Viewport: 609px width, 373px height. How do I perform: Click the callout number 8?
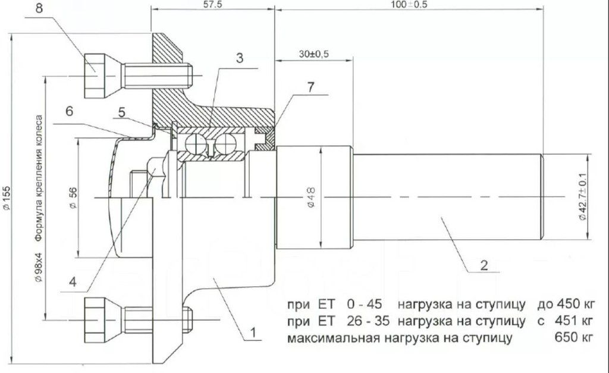point(39,8)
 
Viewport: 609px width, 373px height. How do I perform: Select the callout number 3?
point(240,58)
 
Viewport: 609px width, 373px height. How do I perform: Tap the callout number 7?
point(310,87)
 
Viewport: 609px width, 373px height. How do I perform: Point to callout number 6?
point(69,111)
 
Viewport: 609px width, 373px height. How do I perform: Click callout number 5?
point(122,112)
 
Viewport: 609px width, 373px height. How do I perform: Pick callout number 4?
point(73,282)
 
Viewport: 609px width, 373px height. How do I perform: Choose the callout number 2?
point(484,265)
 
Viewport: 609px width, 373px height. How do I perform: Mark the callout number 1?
point(253,333)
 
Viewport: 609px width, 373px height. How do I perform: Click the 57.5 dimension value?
point(212,4)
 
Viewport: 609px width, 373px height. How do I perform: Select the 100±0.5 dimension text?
point(409,4)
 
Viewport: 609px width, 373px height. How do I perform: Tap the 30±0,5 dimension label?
point(314,54)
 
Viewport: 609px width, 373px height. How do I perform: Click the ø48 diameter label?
point(311,198)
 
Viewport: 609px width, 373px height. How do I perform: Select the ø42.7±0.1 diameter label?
point(583,197)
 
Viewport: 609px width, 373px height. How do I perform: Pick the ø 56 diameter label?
point(73,199)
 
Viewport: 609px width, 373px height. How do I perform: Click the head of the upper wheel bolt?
point(95,76)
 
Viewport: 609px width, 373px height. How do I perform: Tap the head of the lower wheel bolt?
point(95,319)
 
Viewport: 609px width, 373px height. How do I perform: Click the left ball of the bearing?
point(195,145)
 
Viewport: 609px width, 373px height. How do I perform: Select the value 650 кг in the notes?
point(574,337)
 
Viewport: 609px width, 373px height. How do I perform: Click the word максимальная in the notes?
point(333,338)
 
